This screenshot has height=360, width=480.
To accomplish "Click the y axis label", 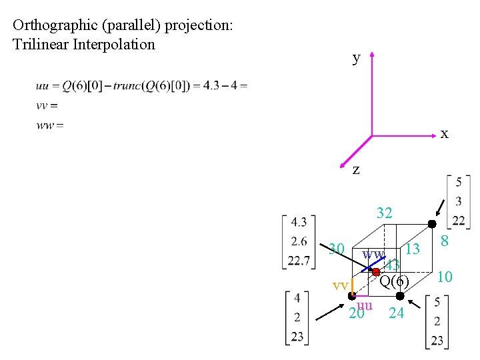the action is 357,58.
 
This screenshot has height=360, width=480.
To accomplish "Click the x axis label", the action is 444,134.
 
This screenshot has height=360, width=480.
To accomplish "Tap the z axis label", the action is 356,170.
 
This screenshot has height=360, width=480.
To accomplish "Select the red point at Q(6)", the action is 376,272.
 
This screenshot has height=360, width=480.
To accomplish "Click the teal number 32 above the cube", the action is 384,213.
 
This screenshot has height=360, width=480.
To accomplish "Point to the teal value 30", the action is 337,249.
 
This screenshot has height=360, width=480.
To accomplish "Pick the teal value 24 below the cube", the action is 396,312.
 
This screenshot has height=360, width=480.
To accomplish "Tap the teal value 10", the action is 445,276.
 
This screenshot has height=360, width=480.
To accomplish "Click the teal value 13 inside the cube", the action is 413,249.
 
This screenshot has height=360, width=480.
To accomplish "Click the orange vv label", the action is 340,285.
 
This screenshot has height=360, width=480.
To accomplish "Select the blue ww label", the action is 373,254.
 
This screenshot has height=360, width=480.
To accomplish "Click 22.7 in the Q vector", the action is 299,260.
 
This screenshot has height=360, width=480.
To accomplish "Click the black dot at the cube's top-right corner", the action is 432,224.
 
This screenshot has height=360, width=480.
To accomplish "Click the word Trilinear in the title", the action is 42,45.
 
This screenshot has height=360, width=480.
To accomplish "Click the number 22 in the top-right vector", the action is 459,221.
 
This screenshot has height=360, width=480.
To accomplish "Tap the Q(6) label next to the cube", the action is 394,281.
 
